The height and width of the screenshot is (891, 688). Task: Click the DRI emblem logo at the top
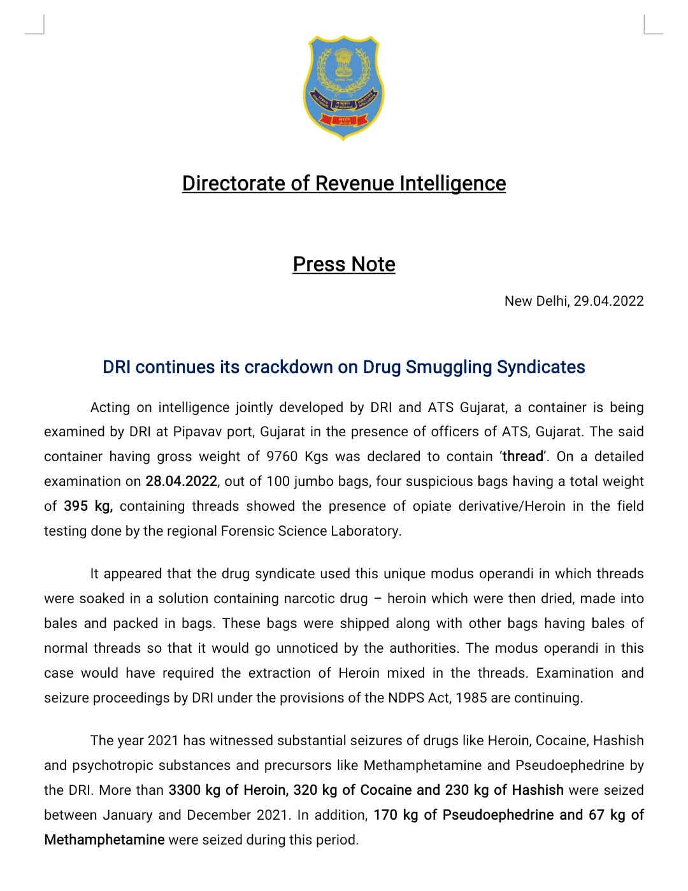(343, 87)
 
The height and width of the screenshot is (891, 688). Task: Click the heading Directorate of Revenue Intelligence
(344, 183)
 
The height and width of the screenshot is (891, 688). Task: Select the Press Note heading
(344, 264)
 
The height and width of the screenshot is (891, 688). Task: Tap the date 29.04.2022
(608, 301)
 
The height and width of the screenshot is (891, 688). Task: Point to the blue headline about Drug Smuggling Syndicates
(344, 367)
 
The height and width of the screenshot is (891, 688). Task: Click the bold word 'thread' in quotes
(523, 457)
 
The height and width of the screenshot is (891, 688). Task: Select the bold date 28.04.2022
(181, 481)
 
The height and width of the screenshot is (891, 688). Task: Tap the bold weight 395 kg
(88, 506)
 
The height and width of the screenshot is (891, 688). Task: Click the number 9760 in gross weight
(283, 457)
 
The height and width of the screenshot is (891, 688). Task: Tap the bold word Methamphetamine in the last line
(104, 840)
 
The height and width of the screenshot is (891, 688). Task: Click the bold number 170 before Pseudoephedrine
(385, 815)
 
